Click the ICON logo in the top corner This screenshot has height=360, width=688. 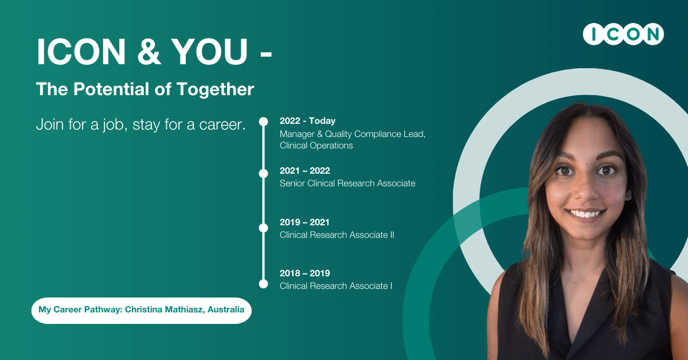coord(623,34)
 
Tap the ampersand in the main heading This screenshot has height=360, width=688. coord(149,51)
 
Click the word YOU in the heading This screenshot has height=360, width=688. coord(209,51)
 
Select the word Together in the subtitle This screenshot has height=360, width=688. coord(215,89)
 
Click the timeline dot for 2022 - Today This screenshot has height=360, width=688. coord(263,122)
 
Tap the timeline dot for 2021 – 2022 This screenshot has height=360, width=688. coord(263,174)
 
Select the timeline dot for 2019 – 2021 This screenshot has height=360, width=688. coord(263,228)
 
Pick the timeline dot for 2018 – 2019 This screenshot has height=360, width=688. coord(263,284)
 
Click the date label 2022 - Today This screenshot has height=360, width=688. coord(307,121)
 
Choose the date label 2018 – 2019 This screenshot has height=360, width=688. coord(304,273)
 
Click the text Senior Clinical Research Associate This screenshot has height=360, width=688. coord(347,183)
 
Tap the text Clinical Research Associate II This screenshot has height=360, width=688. coord(337,235)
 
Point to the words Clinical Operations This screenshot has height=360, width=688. coord(316,145)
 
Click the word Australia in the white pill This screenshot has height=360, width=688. coord(226,310)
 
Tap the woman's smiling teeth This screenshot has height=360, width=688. coord(585,214)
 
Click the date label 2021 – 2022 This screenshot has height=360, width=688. coord(304,170)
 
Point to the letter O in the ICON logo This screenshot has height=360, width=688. coord(634,34)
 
